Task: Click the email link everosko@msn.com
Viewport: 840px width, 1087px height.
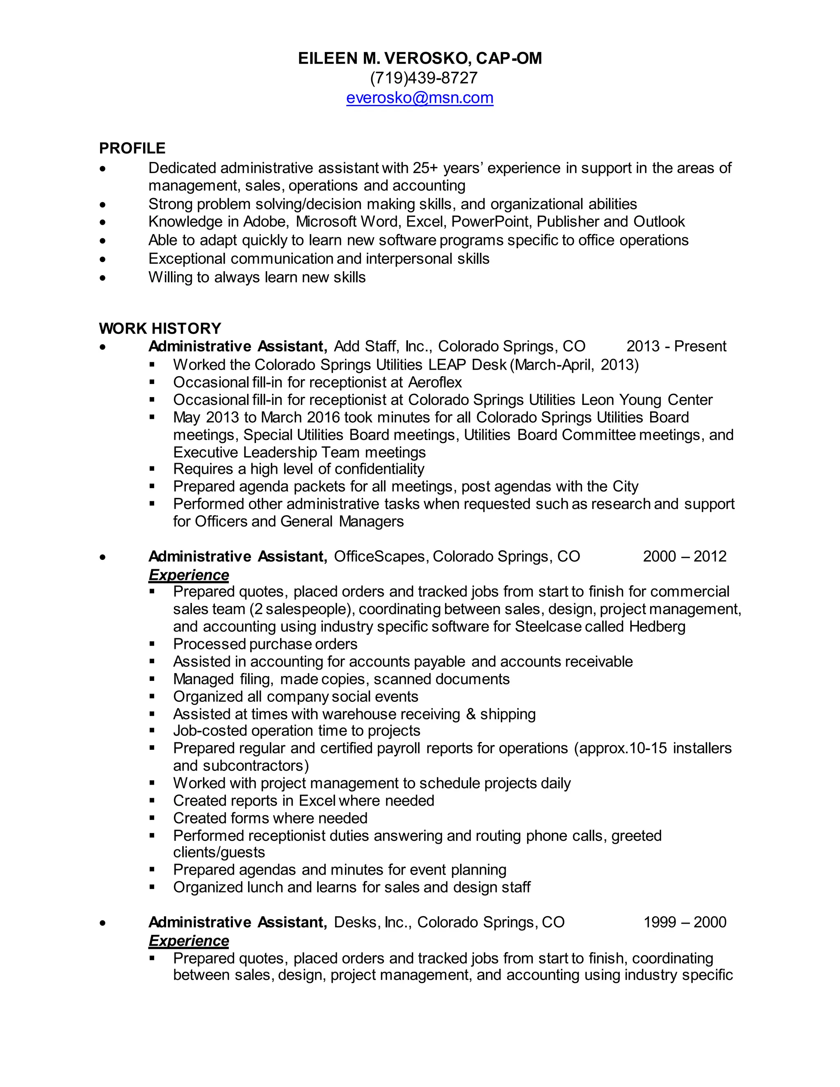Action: pyautogui.click(x=420, y=98)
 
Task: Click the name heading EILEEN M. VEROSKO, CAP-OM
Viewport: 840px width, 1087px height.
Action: pyautogui.click(x=420, y=59)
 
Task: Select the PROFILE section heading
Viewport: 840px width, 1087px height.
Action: pyautogui.click(x=132, y=148)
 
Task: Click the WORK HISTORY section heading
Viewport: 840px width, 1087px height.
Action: pyautogui.click(x=160, y=329)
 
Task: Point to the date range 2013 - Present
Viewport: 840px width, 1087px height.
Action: pyautogui.click(x=676, y=347)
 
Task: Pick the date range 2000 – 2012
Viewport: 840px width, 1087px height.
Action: pyautogui.click(x=684, y=557)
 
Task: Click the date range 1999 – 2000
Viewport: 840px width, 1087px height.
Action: pyautogui.click(x=684, y=922)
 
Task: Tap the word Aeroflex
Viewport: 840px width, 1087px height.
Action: pyautogui.click(x=435, y=382)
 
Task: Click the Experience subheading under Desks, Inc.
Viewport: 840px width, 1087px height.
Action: pyautogui.click(x=189, y=941)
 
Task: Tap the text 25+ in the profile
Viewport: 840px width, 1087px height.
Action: pyautogui.click(x=425, y=168)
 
